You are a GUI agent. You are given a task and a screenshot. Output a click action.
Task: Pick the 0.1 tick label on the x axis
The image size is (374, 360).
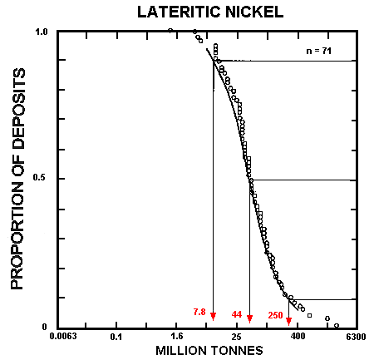pyautogui.click(x=116, y=338)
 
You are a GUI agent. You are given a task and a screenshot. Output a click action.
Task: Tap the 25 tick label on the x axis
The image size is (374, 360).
pyautogui.click(x=237, y=338)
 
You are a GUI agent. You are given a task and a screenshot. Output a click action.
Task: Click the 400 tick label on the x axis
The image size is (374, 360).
pyautogui.click(x=297, y=338)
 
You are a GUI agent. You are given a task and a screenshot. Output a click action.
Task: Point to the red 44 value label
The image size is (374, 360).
pyautogui.click(x=237, y=315)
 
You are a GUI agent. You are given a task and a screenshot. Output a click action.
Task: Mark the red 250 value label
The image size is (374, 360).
pyautogui.click(x=275, y=315)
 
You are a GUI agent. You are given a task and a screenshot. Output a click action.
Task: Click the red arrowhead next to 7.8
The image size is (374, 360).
pyautogui.click(x=214, y=316)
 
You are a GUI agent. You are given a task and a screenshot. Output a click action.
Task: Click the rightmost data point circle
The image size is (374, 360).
pyautogui.click(x=336, y=325)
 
